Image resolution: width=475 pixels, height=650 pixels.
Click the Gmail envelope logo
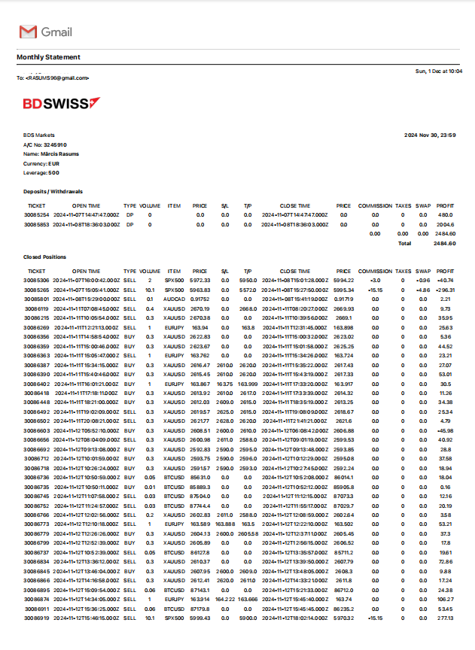(27, 32)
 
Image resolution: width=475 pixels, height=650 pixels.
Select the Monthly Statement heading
(48, 57)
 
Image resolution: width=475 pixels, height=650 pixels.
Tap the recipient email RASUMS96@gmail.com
(57, 77)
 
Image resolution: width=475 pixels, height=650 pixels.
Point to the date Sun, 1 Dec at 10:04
(439, 71)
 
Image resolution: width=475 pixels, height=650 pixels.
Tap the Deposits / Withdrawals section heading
(53, 191)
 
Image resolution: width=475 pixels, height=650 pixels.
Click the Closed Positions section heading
(44, 257)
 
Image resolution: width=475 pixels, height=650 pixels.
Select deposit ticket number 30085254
(37, 214)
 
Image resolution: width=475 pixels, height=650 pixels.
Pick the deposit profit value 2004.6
(446, 224)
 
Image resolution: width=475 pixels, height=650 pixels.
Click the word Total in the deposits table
(404, 244)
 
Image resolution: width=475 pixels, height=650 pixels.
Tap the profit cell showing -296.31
(445, 290)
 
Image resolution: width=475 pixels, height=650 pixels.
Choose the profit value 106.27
(446, 600)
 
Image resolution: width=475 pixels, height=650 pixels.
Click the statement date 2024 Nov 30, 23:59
(429, 135)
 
